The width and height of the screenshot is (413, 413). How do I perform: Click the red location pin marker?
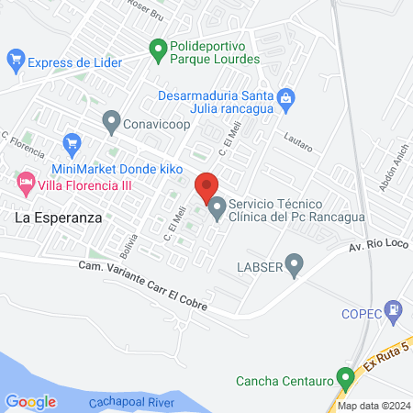(206, 184)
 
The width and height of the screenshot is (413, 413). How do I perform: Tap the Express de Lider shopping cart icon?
(15, 62)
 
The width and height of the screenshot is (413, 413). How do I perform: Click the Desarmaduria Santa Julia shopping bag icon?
(286, 96)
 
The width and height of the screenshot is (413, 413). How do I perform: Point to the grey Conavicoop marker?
(112, 119)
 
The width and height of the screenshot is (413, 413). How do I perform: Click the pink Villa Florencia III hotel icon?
(26, 181)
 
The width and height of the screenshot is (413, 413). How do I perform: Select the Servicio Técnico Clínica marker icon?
(218, 209)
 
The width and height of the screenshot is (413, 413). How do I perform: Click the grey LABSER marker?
(295, 267)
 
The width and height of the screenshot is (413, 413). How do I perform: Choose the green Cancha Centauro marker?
(345, 378)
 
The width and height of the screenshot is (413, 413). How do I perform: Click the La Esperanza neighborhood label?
(57, 218)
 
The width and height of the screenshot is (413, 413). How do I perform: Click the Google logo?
(30, 401)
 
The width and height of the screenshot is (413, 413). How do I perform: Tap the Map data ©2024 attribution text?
(373, 406)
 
